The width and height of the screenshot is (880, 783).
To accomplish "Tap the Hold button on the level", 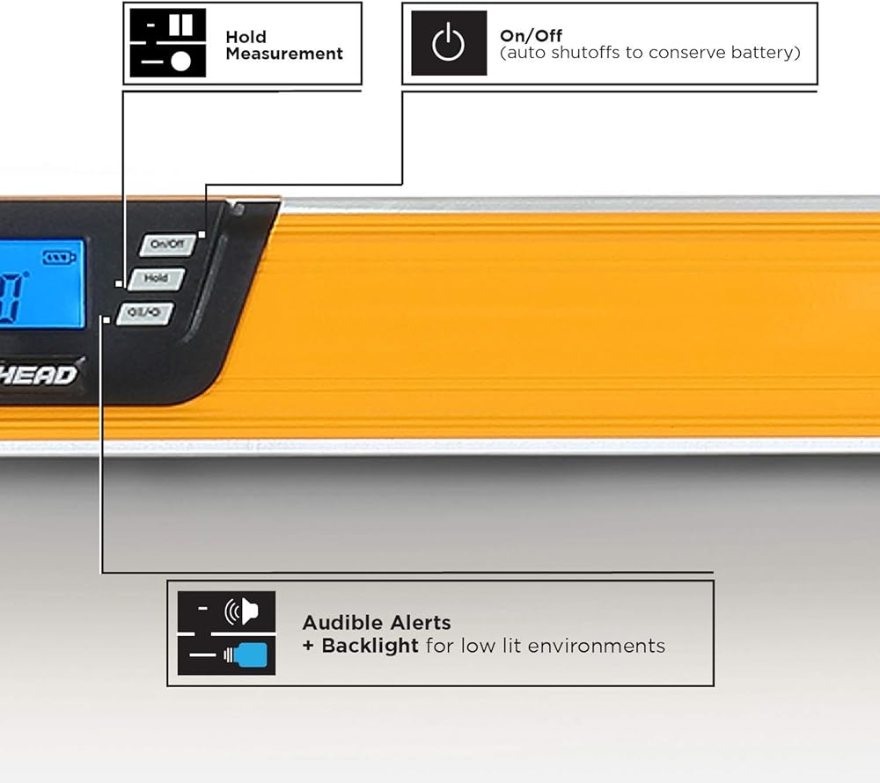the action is tap(156, 278).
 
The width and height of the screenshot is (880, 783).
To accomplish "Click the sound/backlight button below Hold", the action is tap(145, 311).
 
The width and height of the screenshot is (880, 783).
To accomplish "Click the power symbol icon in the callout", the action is tap(449, 43).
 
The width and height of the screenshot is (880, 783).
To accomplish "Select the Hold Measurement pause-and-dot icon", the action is tap(168, 43).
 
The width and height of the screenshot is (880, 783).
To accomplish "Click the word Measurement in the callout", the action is tap(283, 54).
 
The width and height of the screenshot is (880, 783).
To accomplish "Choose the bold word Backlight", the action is tap(370, 646).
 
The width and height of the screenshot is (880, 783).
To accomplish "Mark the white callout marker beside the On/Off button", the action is tap(202, 234).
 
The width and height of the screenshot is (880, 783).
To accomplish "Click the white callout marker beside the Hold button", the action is tap(118, 283).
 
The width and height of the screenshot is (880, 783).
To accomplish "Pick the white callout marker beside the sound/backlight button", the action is tap(106, 319).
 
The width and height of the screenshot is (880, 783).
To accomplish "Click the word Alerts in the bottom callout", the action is tap(418, 623).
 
